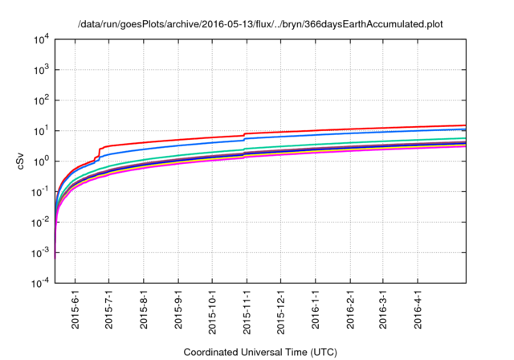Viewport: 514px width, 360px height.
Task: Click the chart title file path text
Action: pos(260,25)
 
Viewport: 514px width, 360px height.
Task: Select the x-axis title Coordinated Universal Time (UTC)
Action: pos(260,352)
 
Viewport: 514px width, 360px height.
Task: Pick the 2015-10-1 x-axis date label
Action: pos(212,310)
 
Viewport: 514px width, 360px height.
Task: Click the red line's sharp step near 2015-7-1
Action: pos(99,153)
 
